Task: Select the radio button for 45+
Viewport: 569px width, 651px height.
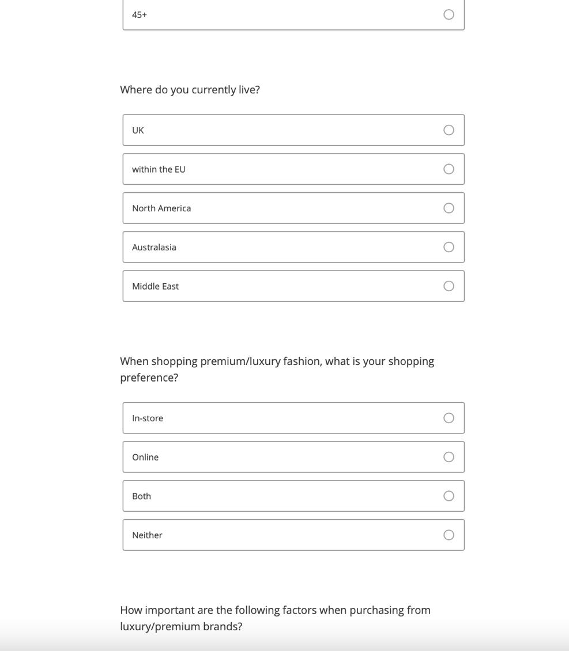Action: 449,14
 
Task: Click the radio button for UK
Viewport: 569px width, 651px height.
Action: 449,130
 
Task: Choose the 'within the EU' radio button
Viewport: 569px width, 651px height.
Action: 449,169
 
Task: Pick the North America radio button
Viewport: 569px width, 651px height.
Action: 449,208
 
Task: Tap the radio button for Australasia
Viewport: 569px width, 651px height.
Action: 449,248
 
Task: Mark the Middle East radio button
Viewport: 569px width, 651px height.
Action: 449,286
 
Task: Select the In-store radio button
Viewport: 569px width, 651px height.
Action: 449,418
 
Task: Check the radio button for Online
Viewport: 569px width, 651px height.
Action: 449,457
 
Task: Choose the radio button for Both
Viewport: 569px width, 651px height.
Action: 449,496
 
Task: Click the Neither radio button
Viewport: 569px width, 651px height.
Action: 449,535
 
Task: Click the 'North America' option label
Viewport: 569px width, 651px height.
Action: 161,208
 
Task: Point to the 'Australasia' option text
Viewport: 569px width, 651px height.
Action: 154,248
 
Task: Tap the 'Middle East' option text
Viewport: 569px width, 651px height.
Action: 155,286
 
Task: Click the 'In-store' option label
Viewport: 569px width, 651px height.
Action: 148,418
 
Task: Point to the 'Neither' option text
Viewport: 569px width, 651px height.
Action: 147,535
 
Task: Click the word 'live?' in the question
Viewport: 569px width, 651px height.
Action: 249,90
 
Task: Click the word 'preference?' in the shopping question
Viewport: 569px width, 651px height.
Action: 149,378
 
